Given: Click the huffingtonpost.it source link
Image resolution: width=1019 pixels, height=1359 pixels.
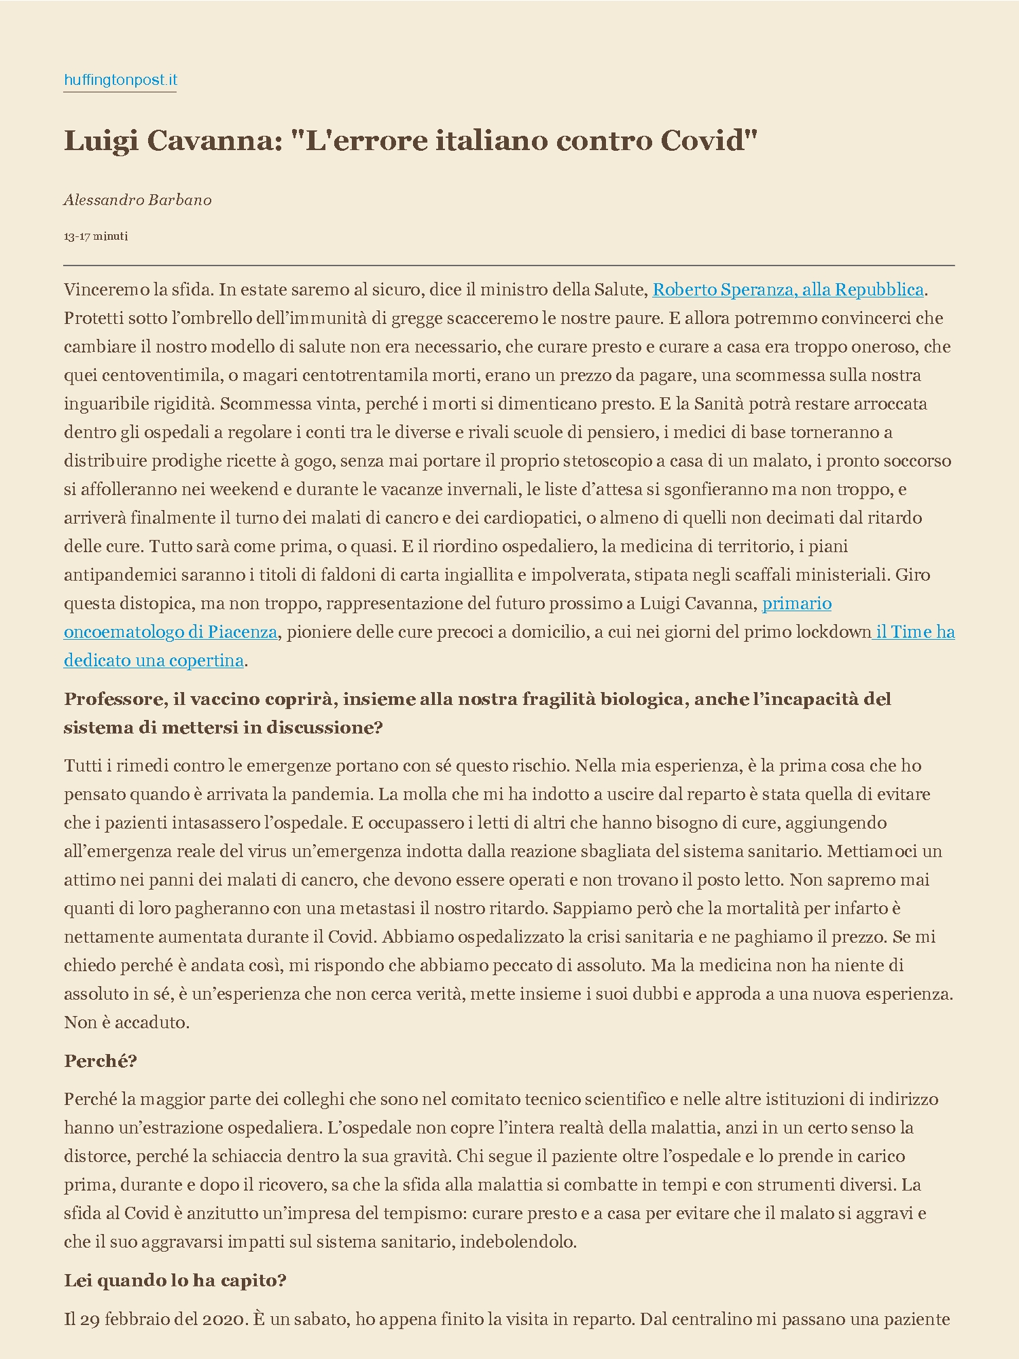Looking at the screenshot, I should click(120, 80).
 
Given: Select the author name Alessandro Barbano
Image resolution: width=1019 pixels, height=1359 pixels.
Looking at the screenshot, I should click(138, 200).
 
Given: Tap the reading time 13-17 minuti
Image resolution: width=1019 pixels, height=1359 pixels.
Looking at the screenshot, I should click(96, 236).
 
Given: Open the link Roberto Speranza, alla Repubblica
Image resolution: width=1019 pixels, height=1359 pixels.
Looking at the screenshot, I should click(788, 290).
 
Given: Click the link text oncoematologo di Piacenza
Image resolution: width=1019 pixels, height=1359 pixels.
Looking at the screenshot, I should click(171, 632).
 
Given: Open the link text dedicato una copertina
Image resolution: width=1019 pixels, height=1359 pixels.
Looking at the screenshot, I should click(154, 661).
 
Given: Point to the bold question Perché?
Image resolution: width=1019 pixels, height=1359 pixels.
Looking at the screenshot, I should click(101, 1062).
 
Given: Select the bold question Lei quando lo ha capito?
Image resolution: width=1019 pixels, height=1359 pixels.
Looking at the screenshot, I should click(175, 1281).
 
